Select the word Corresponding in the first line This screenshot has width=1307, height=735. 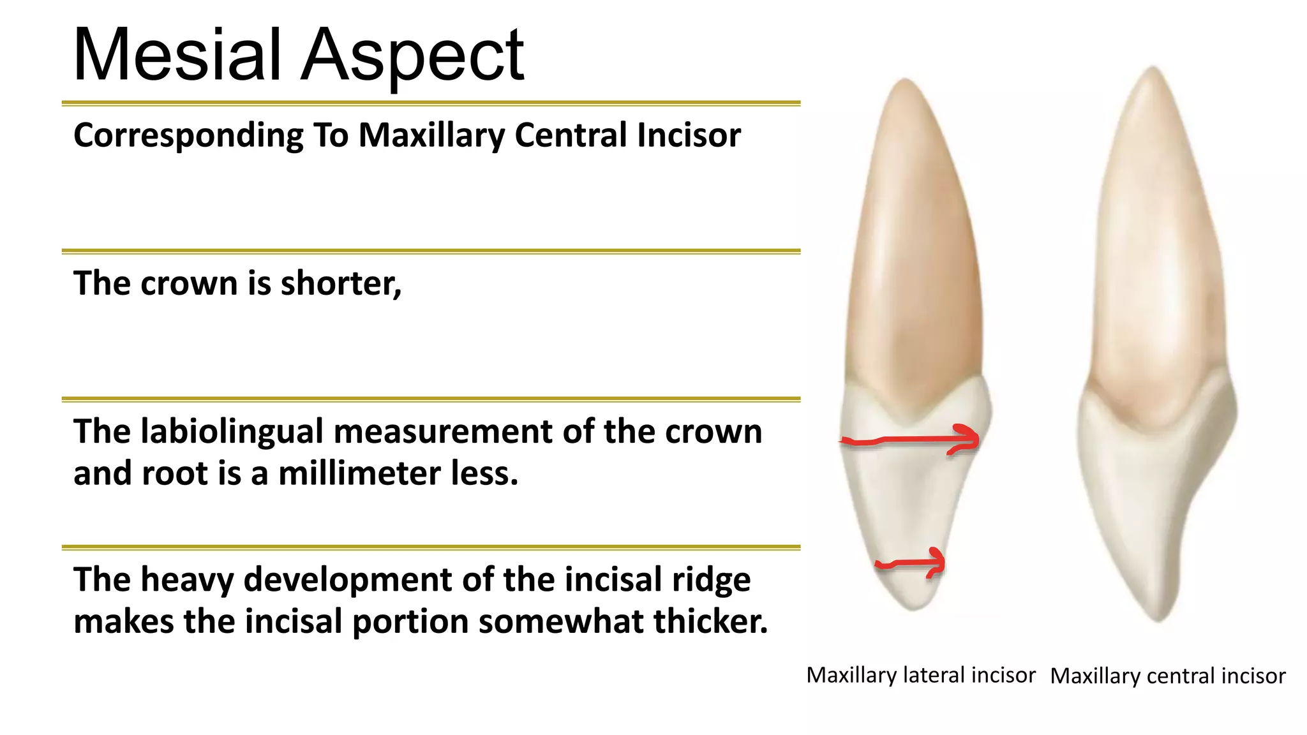188,136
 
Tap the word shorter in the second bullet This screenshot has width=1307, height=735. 340,283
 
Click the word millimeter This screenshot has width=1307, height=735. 360,473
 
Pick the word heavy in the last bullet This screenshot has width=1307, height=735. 186,581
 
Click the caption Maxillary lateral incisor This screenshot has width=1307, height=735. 920,675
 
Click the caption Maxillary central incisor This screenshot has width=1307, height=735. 1167,676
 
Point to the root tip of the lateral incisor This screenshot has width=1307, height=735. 905,82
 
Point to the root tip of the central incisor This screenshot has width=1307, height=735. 1154,69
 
